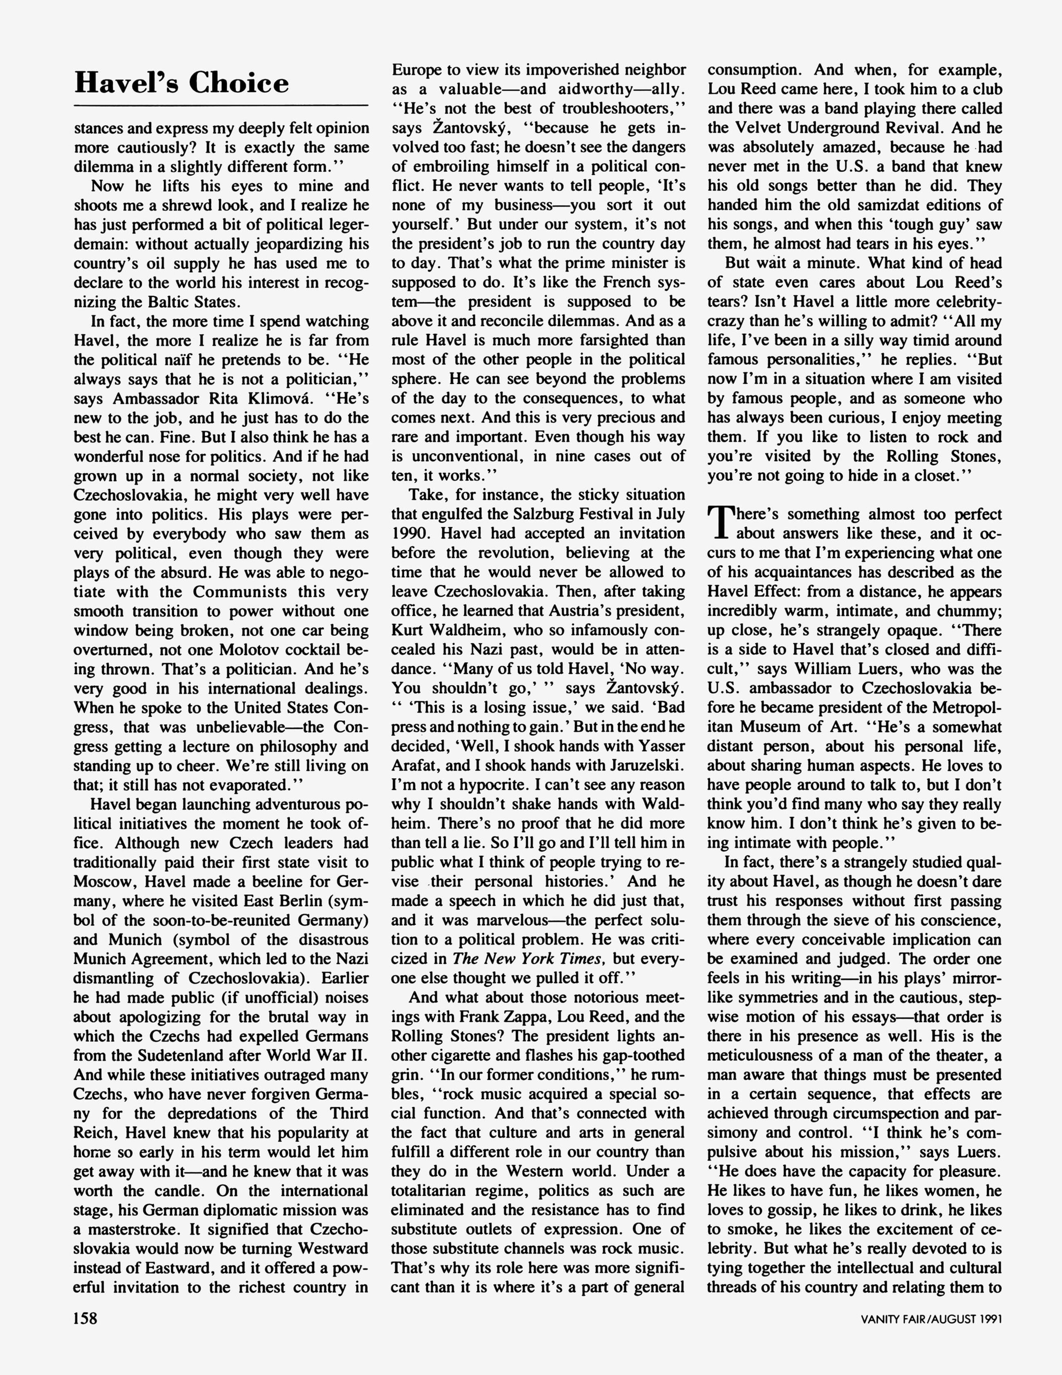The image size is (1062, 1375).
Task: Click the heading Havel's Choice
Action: coord(181,83)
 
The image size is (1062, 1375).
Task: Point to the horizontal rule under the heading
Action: coord(221,105)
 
